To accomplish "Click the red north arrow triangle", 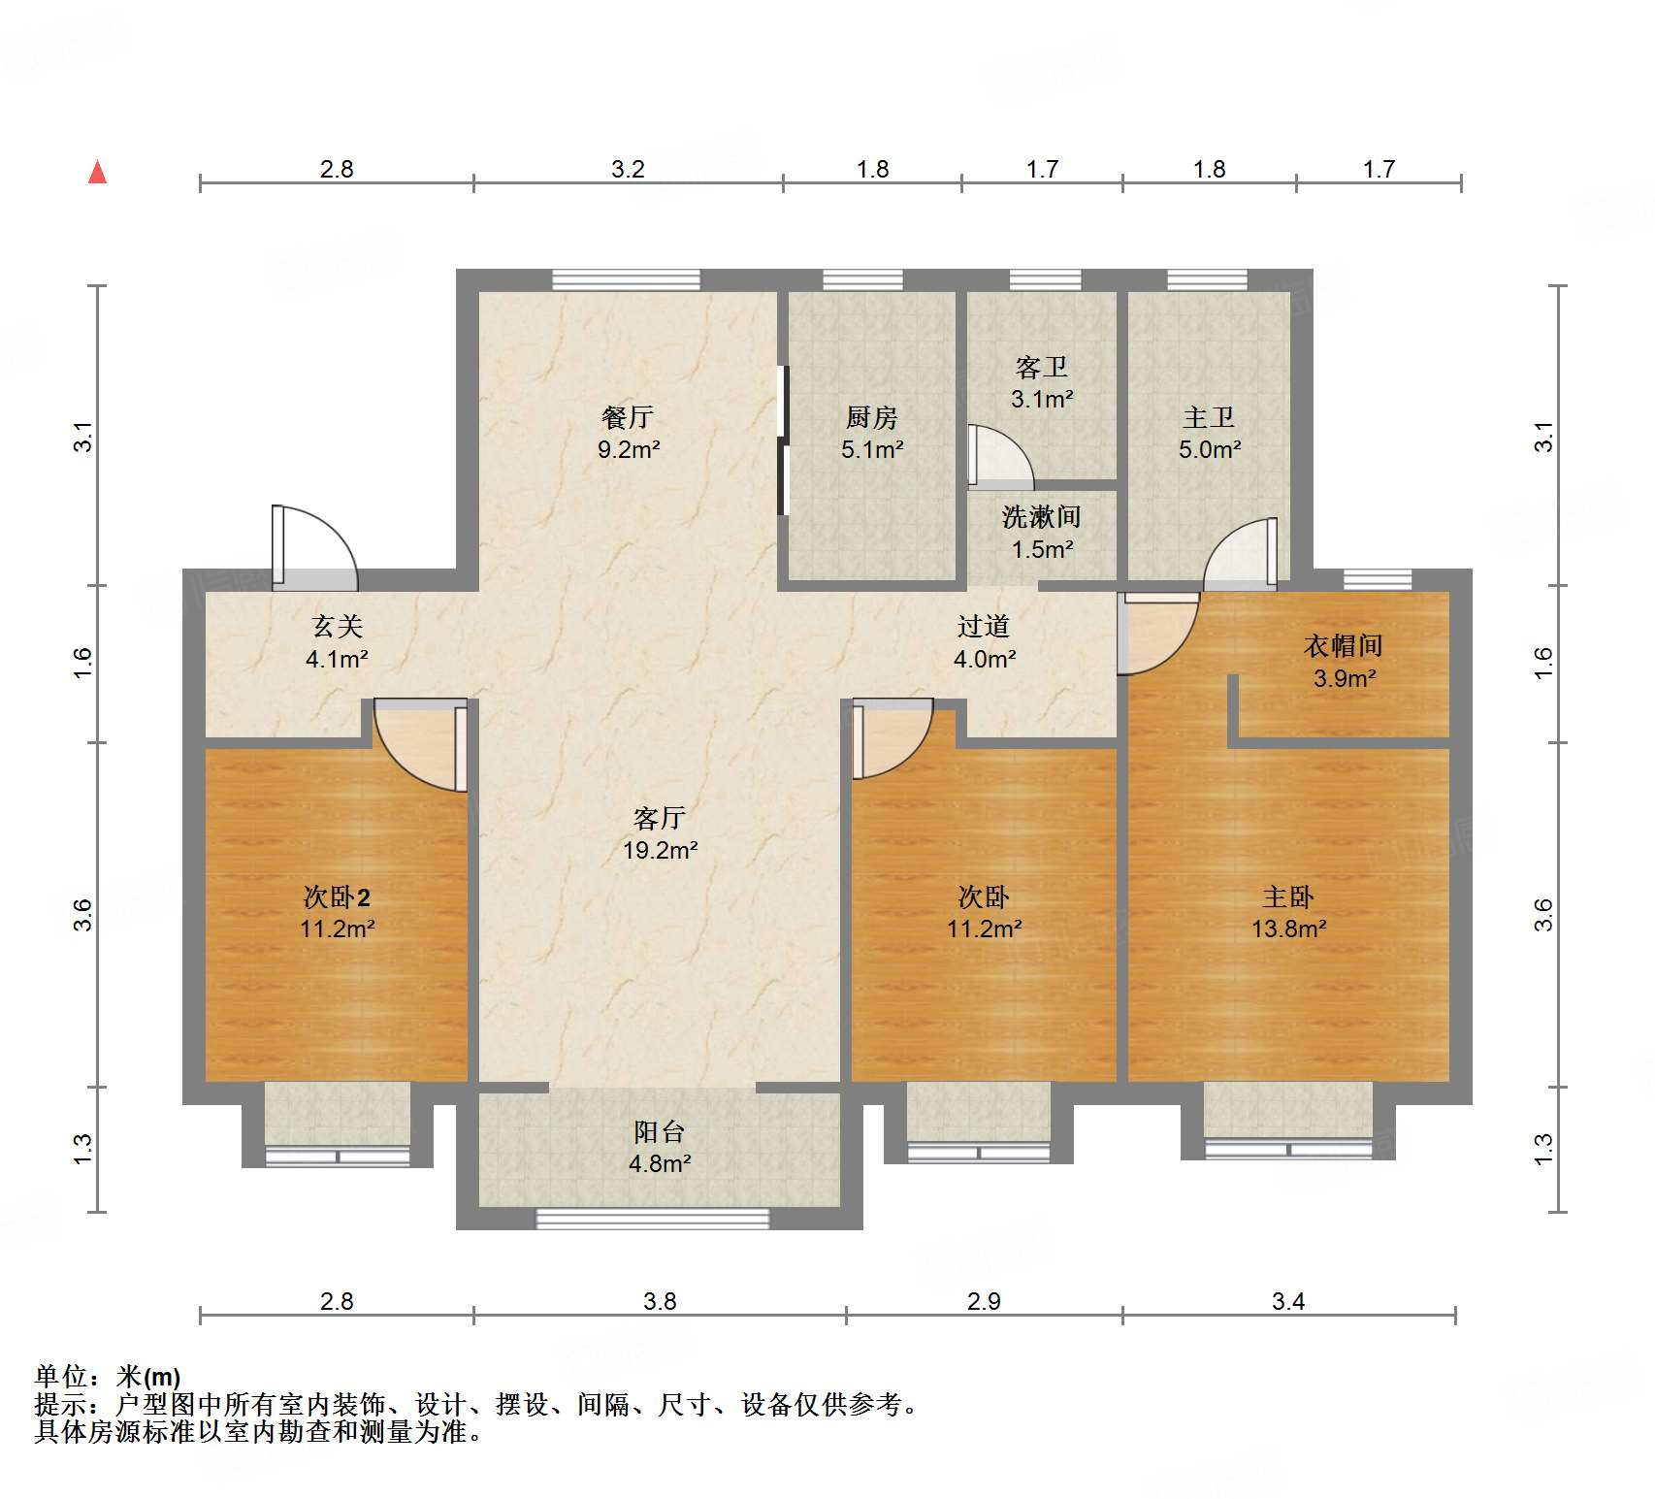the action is click(98, 172).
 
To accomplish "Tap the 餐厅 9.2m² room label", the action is click(629, 433).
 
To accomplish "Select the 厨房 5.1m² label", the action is click(872, 433).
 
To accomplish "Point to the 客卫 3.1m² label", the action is click(1042, 382).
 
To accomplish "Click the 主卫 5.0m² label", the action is click(1210, 433).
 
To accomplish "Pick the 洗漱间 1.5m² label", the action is click(1042, 532).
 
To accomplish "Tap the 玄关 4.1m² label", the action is click(337, 642).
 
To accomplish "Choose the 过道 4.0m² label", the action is click(985, 642).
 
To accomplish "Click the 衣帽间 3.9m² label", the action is click(1344, 662).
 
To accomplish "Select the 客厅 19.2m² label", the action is click(660, 833).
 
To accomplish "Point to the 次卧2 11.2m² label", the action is click(338, 912).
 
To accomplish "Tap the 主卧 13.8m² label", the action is click(1288, 912).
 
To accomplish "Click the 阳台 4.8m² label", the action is click(660, 1147).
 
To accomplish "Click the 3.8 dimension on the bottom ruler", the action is click(660, 1301).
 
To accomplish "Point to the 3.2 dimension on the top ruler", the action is click(628, 169).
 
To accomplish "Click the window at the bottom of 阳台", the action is click(653, 1218).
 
